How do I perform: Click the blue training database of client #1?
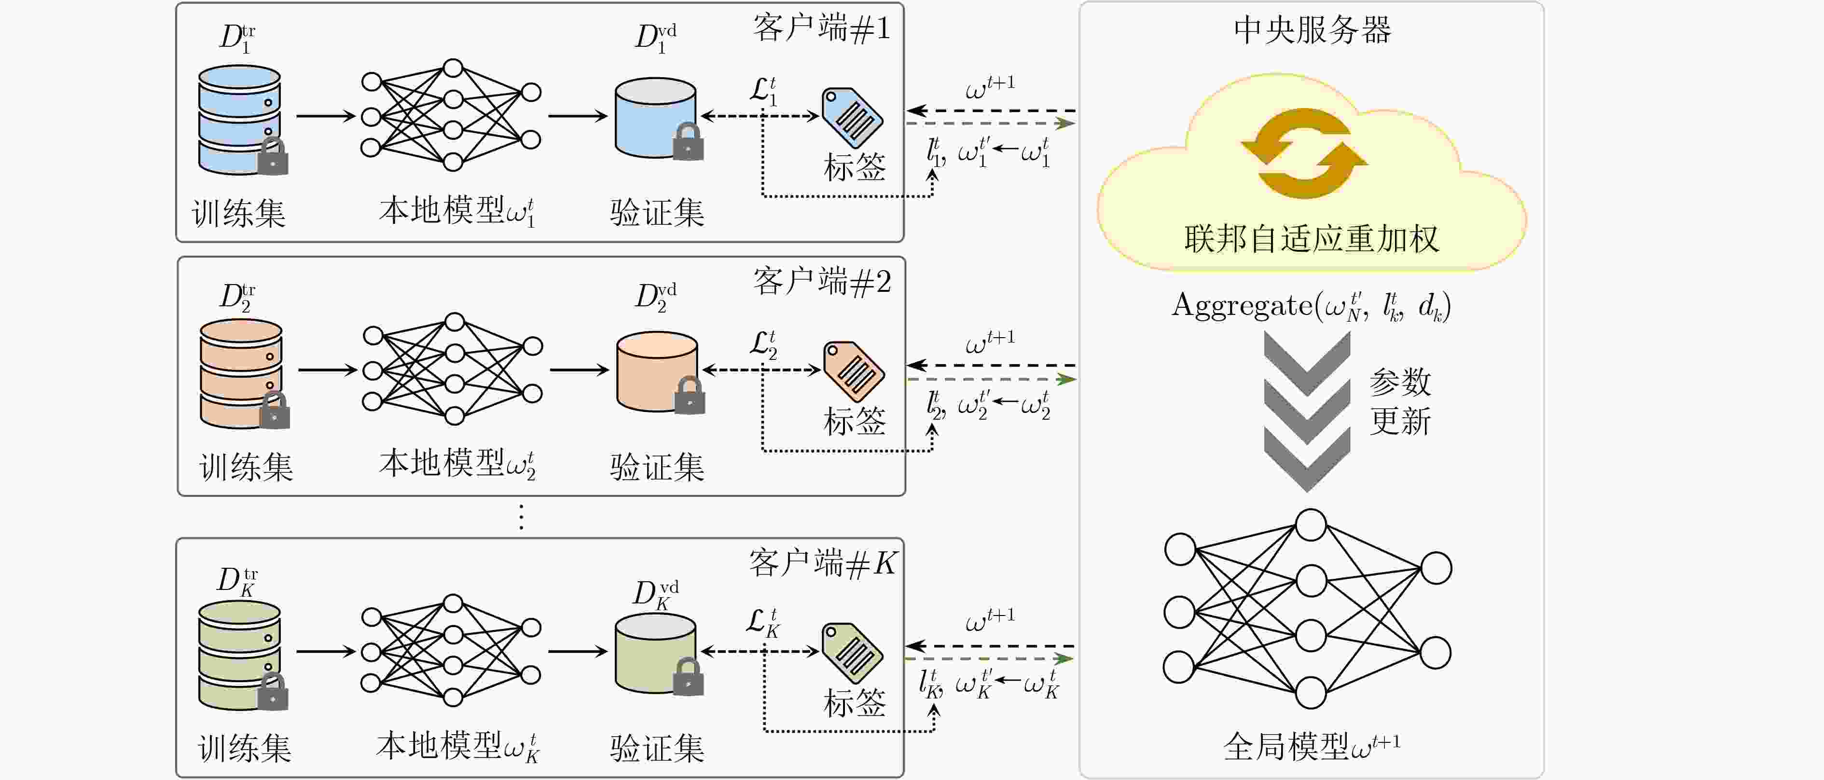(239, 119)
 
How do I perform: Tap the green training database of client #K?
(239, 655)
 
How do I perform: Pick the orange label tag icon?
(853, 371)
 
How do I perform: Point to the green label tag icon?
(852, 653)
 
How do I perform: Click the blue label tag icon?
(852, 118)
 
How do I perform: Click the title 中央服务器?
(1312, 30)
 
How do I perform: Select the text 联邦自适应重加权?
(1312, 238)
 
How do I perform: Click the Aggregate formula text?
(1312, 306)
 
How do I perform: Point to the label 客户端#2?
(821, 282)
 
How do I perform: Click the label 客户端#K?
(823, 563)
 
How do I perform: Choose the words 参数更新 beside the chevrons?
(1400, 401)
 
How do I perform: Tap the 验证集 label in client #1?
(657, 212)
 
